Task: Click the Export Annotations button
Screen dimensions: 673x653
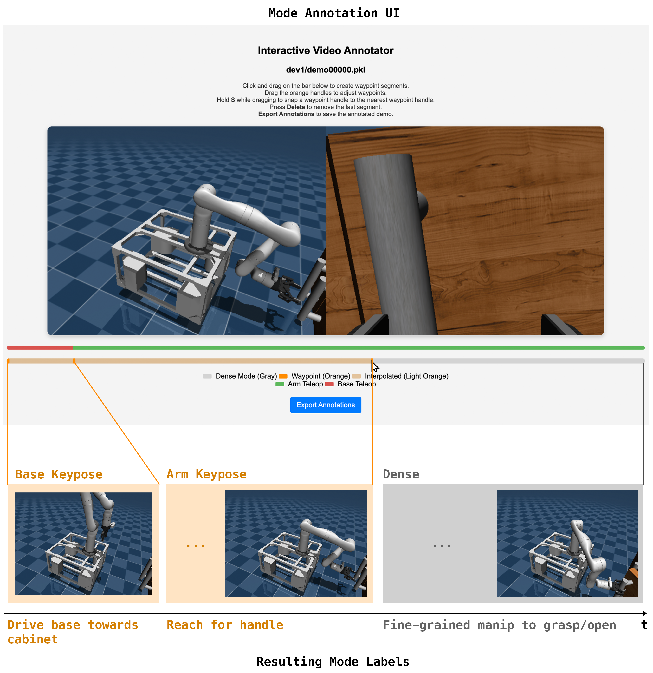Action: point(325,405)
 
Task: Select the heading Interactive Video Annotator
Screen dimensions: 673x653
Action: point(325,50)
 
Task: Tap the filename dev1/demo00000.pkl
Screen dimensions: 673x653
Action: point(325,70)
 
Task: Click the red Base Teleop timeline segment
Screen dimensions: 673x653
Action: point(39,348)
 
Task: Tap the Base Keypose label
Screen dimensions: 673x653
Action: point(59,474)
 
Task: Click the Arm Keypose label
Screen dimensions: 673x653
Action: point(206,474)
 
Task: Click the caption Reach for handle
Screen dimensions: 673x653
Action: point(225,625)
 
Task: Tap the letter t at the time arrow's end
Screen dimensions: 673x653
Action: point(644,625)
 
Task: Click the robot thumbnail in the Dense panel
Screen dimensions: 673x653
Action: point(567,543)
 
